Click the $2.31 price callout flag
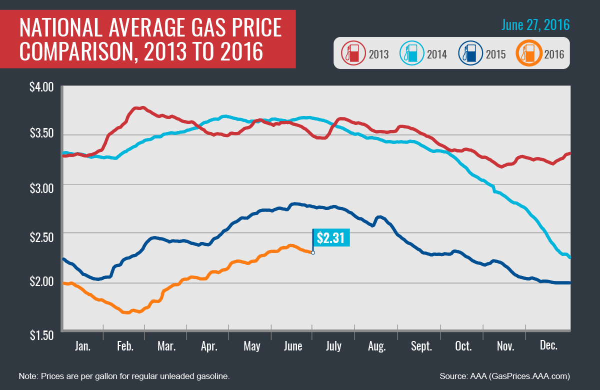coord(331,238)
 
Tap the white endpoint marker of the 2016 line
coord(313,252)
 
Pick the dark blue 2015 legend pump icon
coord(470,53)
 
